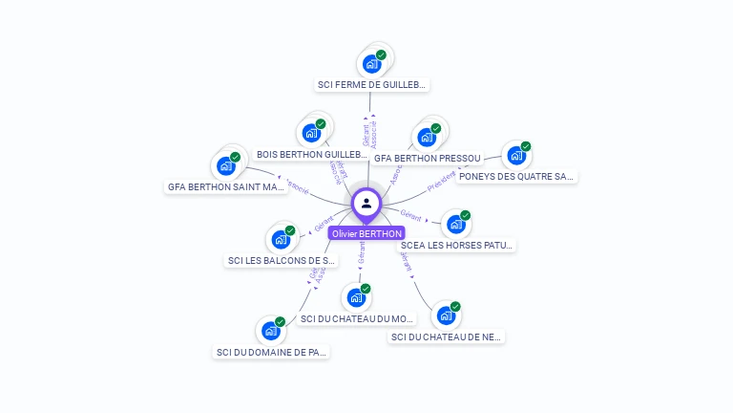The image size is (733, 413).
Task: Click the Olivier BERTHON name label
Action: tap(366, 233)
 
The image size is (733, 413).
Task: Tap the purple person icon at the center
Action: tap(366, 203)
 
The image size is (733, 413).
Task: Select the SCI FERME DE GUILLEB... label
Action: tap(372, 85)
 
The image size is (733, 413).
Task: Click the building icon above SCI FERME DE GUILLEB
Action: tap(370, 65)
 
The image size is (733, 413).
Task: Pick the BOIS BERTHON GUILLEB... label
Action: tap(312, 154)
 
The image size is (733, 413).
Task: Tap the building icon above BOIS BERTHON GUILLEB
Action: tap(310, 134)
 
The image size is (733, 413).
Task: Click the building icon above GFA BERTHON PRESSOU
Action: tap(427, 138)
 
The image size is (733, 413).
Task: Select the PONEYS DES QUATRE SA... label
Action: tap(515, 176)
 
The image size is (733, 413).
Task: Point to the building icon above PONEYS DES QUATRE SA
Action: tap(516, 156)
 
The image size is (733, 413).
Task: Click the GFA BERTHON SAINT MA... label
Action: tap(226, 187)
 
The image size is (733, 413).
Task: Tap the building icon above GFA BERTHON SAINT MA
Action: tap(225, 166)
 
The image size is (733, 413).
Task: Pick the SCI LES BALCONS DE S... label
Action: tap(282, 260)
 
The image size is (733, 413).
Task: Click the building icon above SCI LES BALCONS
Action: tap(281, 239)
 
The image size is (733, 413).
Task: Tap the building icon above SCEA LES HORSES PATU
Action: tap(456, 225)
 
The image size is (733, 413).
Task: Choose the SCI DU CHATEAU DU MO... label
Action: tap(357, 318)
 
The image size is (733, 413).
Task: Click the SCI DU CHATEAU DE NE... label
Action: tap(447, 337)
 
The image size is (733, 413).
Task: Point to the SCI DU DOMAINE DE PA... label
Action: tap(272, 352)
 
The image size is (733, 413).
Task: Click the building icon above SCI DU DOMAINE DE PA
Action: tap(271, 331)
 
